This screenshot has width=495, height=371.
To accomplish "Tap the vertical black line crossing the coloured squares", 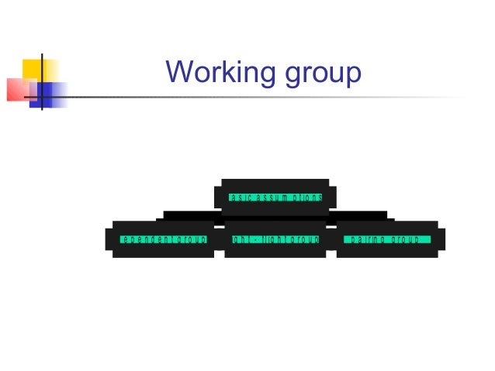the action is coord(40,81).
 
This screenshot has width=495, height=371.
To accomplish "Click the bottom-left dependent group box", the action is coord(163,239).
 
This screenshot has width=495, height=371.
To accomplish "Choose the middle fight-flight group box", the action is coord(275,239).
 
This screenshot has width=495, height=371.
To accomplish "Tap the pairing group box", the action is coord(386,239).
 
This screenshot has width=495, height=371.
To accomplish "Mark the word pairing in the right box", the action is coord(366,240).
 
